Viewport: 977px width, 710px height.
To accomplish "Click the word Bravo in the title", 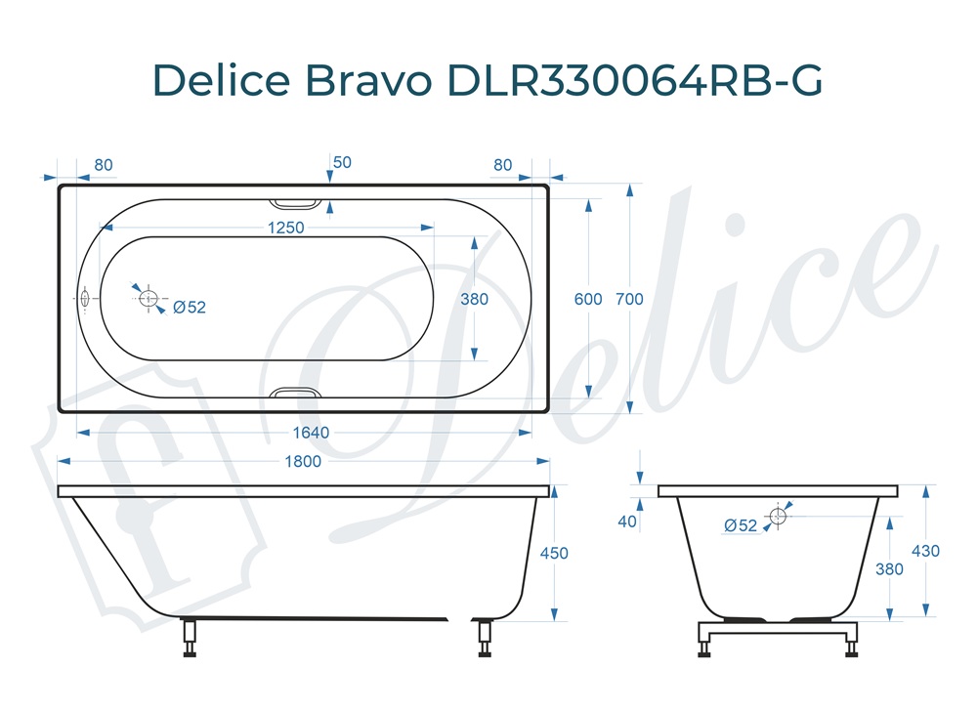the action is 368,80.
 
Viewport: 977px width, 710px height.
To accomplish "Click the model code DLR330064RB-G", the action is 635,80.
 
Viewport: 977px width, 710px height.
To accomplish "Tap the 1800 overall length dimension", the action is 303,462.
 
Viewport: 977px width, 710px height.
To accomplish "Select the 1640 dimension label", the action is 311,433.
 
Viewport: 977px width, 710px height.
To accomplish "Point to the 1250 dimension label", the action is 286,228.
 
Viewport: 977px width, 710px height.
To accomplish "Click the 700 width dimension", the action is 629,299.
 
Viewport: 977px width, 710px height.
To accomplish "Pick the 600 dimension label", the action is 588,299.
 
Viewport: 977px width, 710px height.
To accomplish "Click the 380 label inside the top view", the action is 474,299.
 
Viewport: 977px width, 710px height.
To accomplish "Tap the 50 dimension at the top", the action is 342,162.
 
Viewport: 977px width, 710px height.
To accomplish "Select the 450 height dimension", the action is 554,553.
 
